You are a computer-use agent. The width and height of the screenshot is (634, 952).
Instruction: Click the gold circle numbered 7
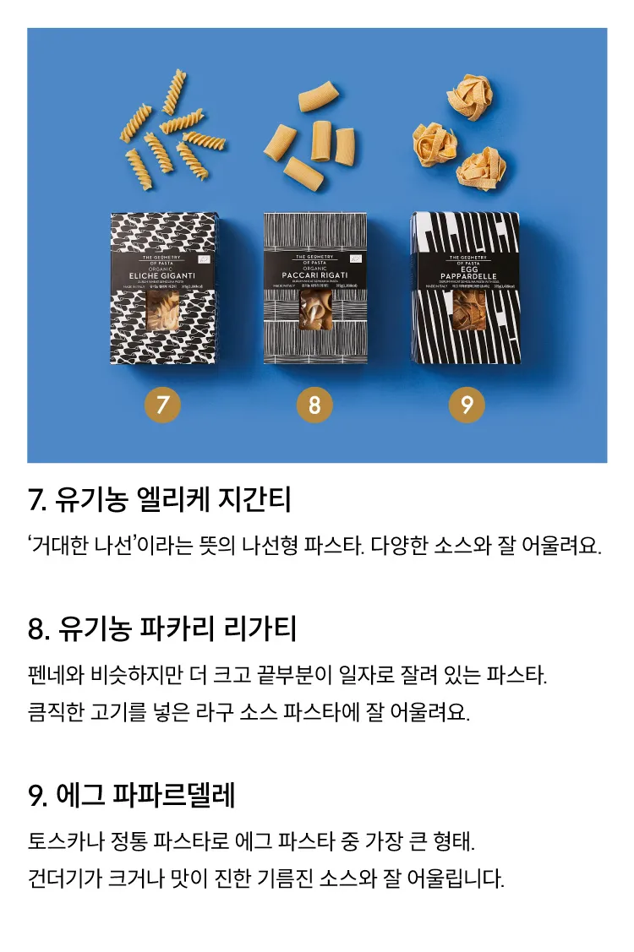pyautogui.click(x=163, y=405)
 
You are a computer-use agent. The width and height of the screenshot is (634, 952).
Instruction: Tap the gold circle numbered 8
pyautogui.click(x=314, y=405)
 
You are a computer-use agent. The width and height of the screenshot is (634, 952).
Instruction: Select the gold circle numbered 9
pyautogui.click(x=467, y=405)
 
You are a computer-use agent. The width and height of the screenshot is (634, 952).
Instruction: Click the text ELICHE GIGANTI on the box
pyautogui.click(x=164, y=275)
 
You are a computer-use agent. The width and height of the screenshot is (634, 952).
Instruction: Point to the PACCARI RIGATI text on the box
pyautogui.click(x=315, y=275)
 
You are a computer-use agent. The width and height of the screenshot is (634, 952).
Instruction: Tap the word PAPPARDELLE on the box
pyautogui.click(x=467, y=275)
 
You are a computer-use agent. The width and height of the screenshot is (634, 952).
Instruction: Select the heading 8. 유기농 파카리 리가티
pyautogui.click(x=161, y=629)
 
